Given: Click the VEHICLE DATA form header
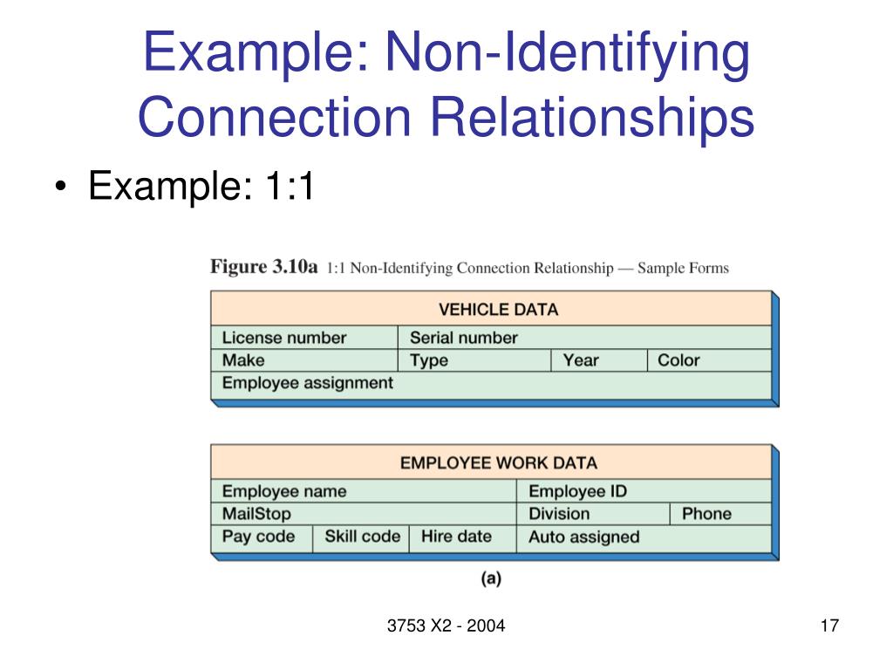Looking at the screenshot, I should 497,310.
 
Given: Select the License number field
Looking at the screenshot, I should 283,338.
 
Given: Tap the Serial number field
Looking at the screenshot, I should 463,338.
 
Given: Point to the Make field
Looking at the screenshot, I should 243,360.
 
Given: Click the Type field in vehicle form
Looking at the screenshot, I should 428,360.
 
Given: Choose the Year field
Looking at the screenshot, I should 581,360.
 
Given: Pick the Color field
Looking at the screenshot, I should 678,360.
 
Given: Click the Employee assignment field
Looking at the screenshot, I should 307,383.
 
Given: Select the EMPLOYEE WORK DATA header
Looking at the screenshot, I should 498,463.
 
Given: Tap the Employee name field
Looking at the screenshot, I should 283,491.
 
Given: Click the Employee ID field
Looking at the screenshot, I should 577,491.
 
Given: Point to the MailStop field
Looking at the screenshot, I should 256,514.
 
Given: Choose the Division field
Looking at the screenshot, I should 559,514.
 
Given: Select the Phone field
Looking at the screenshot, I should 706,514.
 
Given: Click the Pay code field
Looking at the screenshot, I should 258,537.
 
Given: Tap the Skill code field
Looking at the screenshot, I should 362,537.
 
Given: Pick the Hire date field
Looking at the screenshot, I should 456,537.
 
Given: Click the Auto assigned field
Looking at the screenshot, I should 583,537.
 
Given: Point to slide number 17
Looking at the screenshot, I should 828,626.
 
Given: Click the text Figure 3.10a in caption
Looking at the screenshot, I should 263,267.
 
